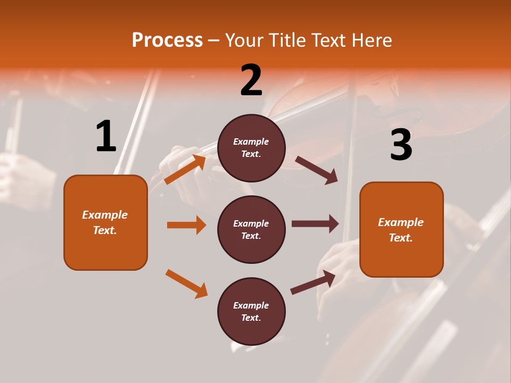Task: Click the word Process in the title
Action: coord(167,40)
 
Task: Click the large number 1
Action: coord(106,137)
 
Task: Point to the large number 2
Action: coord(251,80)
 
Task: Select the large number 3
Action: coord(401,145)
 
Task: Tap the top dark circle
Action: coord(251,148)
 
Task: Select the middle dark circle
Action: coord(251,229)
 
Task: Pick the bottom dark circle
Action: coord(251,311)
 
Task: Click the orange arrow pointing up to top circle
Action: coord(185,169)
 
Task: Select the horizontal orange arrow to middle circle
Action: coord(186,225)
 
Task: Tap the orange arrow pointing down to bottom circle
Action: coord(186,284)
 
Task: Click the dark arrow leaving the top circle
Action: coord(317,170)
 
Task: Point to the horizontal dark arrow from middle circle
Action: coord(315,224)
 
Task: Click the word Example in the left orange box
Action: coord(105,215)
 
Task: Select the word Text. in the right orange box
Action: coord(401,238)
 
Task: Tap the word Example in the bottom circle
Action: coord(251,305)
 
